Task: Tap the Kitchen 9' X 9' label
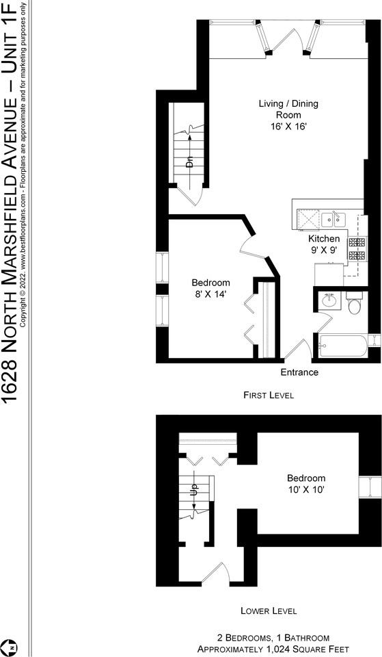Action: pyautogui.click(x=324, y=244)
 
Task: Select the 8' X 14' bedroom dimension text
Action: pyautogui.click(x=210, y=294)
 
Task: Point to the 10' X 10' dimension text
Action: pyautogui.click(x=306, y=489)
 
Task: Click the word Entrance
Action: pyautogui.click(x=299, y=372)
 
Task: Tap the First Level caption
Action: pyautogui.click(x=269, y=395)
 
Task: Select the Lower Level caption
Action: pyautogui.click(x=269, y=610)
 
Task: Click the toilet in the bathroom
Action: pyautogui.click(x=354, y=304)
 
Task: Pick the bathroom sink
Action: pyautogui.click(x=329, y=300)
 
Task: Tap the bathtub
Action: pyautogui.click(x=342, y=346)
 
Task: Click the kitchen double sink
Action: pyautogui.click(x=333, y=220)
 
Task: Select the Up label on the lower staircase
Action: pyautogui.click(x=194, y=489)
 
